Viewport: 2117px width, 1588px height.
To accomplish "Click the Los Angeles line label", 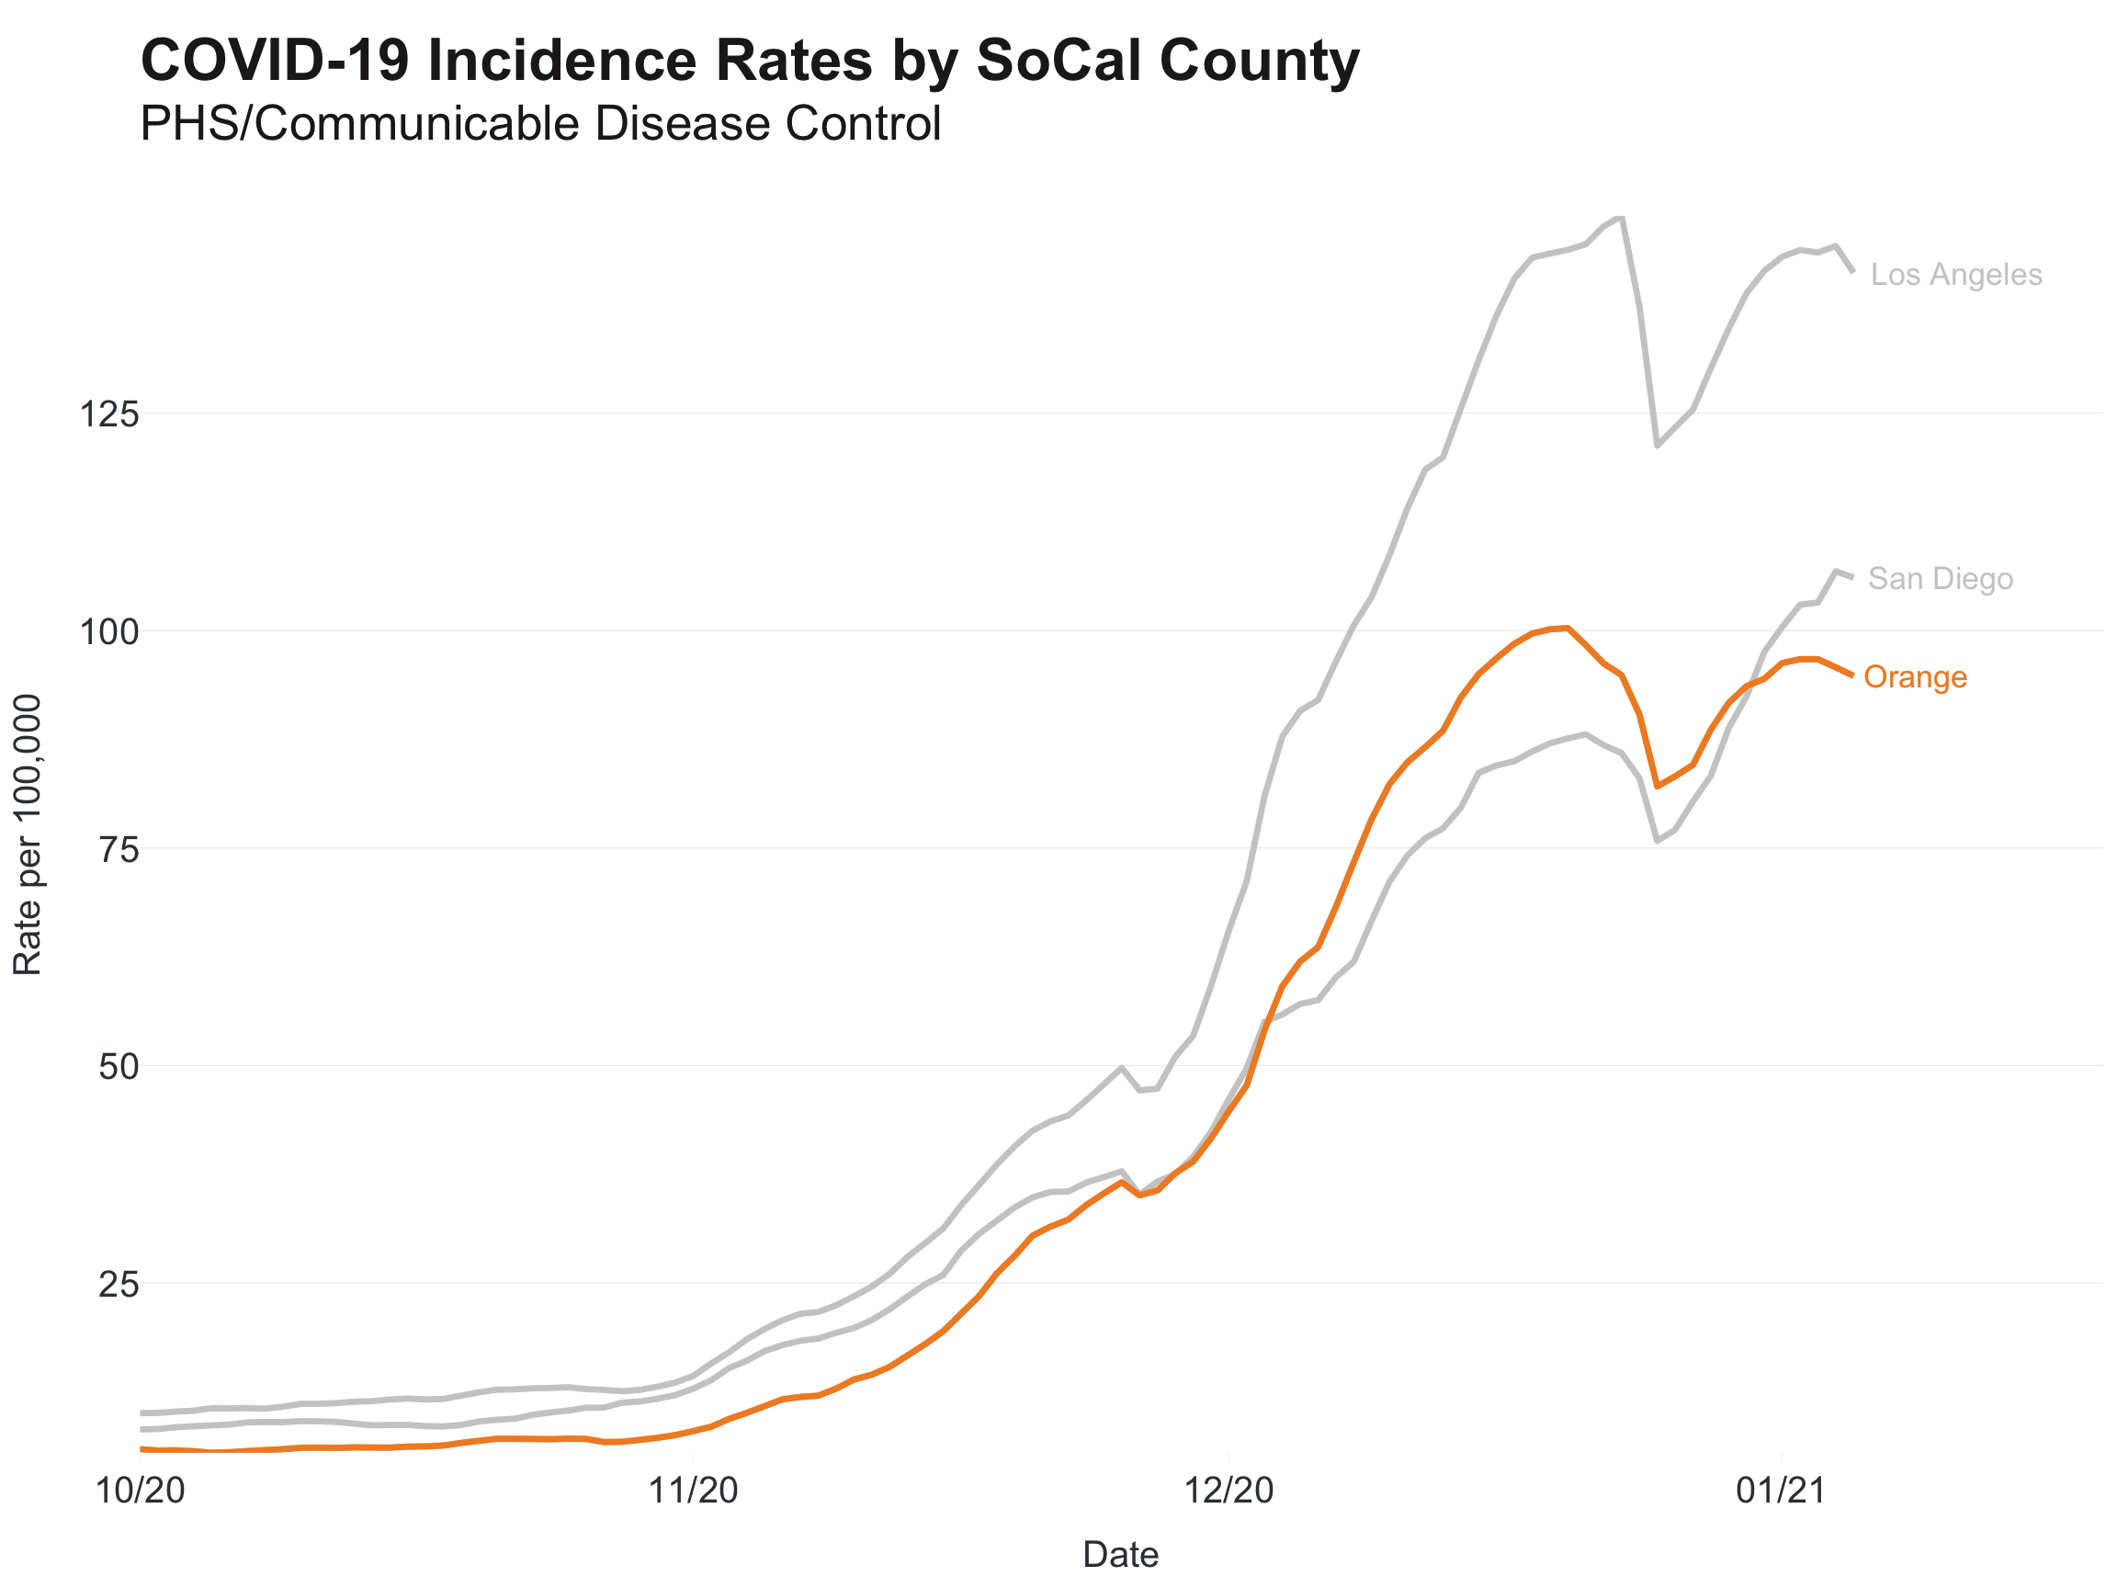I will tap(1955, 275).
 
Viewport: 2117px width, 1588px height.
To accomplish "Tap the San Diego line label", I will tap(1940, 579).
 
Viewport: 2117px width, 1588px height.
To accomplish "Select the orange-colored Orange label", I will tap(1915, 677).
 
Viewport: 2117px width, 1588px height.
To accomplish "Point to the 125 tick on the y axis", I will tap(109, 415).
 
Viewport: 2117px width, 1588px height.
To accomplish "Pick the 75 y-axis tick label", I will tap(119, 850).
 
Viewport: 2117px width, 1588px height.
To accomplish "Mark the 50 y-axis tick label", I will tap(119, 1067).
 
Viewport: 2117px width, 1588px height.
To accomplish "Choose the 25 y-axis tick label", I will tap(119, 1285).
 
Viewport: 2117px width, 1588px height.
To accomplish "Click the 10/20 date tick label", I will tap(141, 1492).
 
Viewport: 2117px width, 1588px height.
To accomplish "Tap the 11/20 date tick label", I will tap(694, 1492).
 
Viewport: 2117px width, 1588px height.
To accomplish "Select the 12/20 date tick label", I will tap(1229, 1492).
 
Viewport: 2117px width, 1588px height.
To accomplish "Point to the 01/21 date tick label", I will tap(1781, 1492).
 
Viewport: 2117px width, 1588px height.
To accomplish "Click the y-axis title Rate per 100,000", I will tap(28, 834).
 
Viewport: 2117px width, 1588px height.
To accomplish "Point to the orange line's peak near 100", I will tap(1567, 628).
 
